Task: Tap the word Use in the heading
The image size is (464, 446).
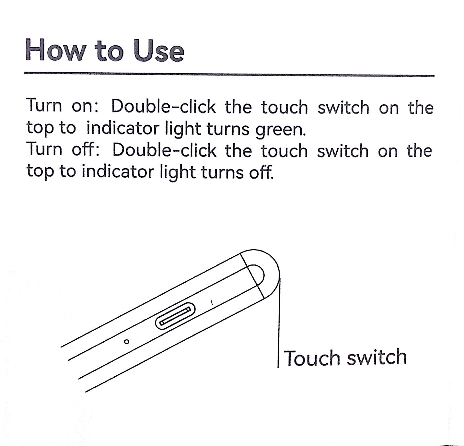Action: point(158,51)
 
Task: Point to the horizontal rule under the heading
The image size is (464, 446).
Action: point(229,74)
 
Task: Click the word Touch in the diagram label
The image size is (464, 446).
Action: point(312,358)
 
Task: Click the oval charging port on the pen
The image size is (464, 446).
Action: point(175,316)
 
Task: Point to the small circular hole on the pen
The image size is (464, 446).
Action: point(127,342)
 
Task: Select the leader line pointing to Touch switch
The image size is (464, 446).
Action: point(279,323)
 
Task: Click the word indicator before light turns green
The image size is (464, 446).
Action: point(122,128)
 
